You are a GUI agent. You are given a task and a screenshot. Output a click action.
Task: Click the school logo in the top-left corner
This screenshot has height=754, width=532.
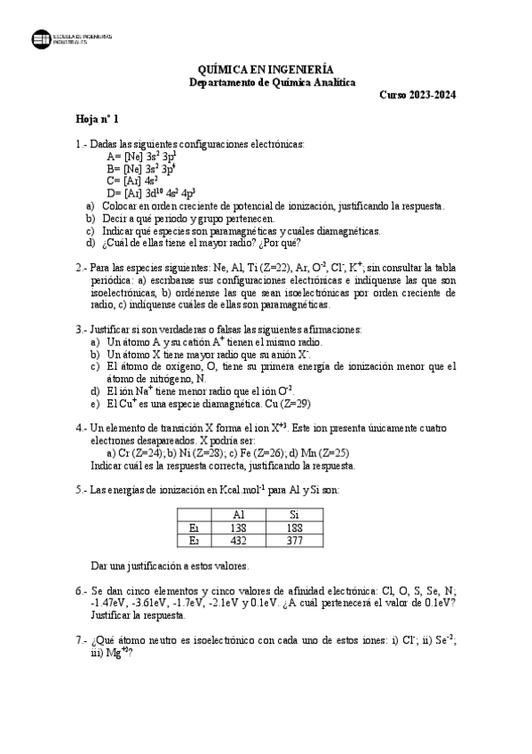(x=41, y=38)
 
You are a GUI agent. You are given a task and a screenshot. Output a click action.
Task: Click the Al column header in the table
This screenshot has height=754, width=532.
(x=237, y=514)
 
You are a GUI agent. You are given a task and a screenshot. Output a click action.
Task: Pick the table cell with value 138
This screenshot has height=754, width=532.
(x=237, y=526)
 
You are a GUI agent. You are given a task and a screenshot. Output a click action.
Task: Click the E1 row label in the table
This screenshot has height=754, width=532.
(x=195, y=526)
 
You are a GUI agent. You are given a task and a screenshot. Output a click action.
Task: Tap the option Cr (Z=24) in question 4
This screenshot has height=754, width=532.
(x=133, y=453)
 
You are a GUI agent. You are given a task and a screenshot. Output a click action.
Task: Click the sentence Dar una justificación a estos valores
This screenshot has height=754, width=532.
(x=170, y=565)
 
